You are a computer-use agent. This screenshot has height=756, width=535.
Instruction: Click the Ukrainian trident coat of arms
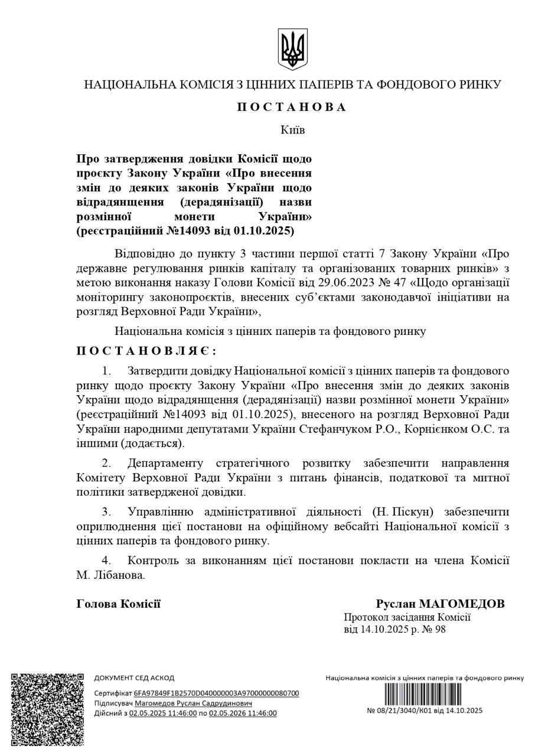coord(292,50)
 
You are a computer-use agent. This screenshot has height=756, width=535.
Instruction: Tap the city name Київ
coord(292,129)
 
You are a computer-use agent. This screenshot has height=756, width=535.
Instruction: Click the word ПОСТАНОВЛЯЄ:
coord(146,351)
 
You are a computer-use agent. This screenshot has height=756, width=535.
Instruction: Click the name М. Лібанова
coord(110,575)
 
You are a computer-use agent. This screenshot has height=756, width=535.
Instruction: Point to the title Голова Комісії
coord(119,604)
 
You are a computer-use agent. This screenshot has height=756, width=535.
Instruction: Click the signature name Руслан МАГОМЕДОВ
coord(440,604)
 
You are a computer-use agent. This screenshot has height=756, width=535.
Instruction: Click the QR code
coord(48,708)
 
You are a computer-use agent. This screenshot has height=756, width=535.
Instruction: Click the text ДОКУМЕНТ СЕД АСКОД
coord(134,678)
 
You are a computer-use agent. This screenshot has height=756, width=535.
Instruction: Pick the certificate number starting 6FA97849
coord(216,693)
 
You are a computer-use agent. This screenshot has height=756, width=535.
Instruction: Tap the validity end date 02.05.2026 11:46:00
coord(243,713)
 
